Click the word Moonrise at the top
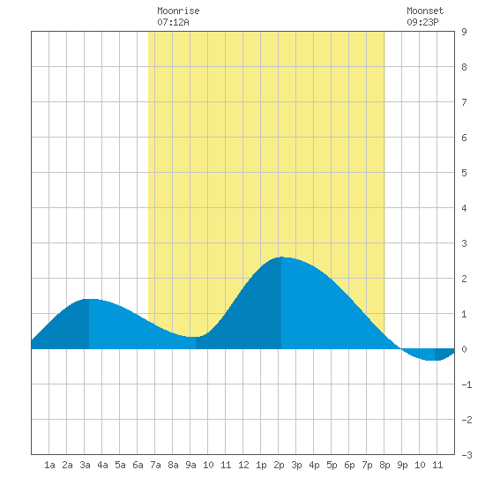178,11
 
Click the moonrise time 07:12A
173,22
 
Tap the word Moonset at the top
425,11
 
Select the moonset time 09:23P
422,22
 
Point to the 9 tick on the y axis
464,32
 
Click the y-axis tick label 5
464,173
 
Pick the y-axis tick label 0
464,349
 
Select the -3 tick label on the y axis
466,455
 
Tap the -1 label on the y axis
466,384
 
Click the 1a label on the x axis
49,465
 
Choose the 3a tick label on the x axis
85,465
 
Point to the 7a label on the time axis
155,465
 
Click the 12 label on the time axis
243,465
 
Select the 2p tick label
279,465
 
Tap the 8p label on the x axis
384,465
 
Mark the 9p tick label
402,465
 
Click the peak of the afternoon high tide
281,257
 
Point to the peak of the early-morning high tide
89,299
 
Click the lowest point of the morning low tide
196,337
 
